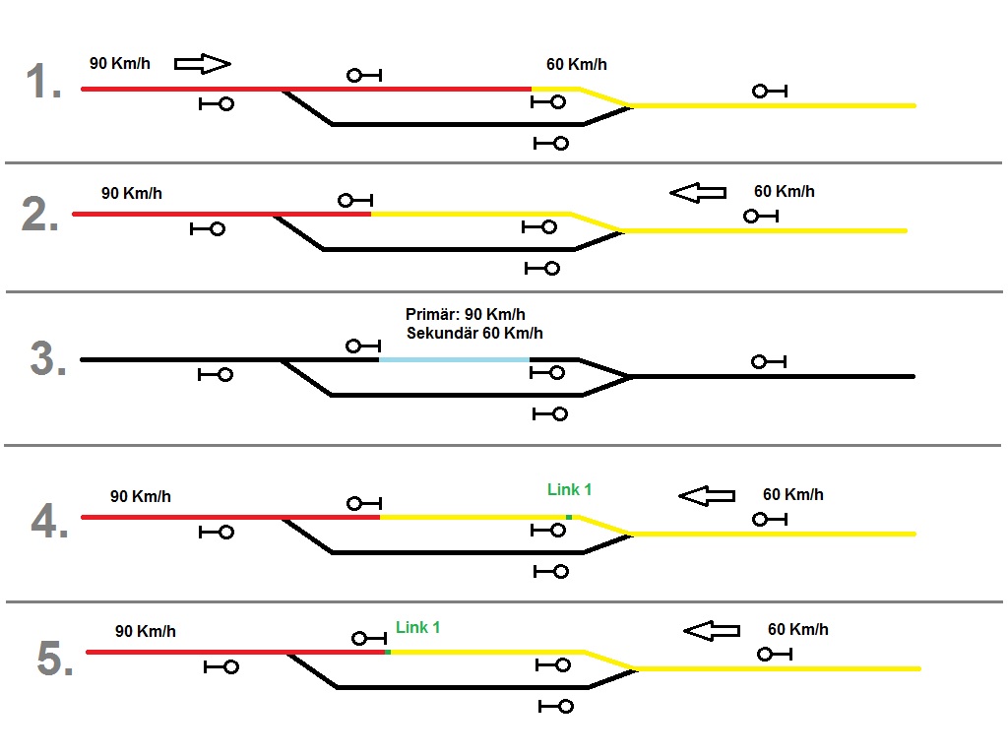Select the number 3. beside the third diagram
tap(48, 360)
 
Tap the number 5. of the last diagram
tap(55, 660)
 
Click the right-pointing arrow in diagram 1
tap(202, 64)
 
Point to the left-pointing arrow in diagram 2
tap(698, 193)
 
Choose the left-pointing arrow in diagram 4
tap(707, 496)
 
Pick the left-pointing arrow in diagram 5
tap(712, 630)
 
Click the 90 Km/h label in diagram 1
tap(119, 64)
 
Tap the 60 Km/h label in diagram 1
tap(577, 65)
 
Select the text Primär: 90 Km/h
tap(466, 315)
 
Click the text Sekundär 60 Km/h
tap(474, 334)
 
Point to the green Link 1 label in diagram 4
tap(570, 489)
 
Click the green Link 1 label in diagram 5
tap(418, 627)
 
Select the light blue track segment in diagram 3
tap(455, 360)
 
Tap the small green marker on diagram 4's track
tap(569, 517)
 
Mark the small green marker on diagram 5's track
tap(388, 652)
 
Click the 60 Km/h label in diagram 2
tap(785, 192)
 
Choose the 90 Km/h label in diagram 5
tap(146, 631)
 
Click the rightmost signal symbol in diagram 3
tap(768, 362)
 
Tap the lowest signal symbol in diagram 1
tap(551, 143)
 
